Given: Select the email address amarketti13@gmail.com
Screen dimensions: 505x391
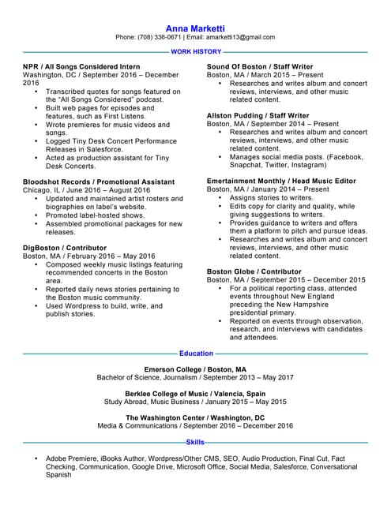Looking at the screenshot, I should click(x=236, y=37).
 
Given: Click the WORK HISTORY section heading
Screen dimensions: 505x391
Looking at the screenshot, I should click(x=195, y=50).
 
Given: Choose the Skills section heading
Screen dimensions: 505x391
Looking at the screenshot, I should click(x=195, y=443).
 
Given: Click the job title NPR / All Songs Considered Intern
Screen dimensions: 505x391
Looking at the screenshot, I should click(x=82, y=66).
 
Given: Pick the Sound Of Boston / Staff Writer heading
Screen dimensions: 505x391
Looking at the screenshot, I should click(x=259, y=66).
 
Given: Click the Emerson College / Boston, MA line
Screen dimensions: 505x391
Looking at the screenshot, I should click(x=195, y=369).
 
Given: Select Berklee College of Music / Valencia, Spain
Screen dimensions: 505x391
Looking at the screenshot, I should click(x=195, y=393).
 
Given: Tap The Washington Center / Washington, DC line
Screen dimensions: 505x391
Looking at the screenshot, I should click(x=195, y=417).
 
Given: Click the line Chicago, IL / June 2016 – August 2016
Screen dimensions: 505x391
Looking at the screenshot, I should click(x=86, y=190).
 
